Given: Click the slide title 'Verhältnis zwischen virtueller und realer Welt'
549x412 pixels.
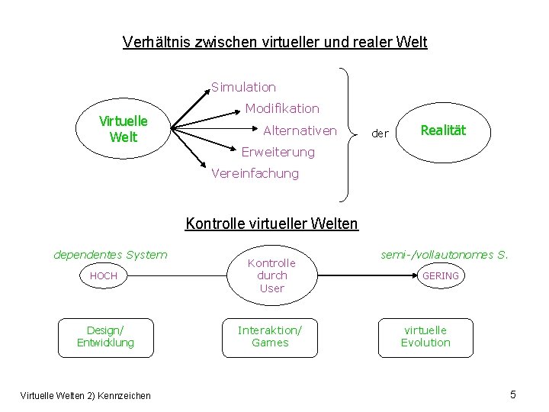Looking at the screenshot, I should pyautogui.click(x=274, y=42).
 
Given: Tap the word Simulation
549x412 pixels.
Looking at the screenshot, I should pyautogui.click(x=243, y=88).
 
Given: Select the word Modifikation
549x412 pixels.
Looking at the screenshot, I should pyautogui.click(x=282, y=109).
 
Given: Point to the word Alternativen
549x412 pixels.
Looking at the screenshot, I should pyautogui.click(x=300, y=130).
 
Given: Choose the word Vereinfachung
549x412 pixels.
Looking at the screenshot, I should pyautogui.click(x=255, y=173).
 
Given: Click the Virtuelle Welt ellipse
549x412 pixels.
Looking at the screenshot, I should pyautogui.click(x=124, y=130).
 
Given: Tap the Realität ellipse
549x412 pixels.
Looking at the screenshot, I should pyautogui.click(x=442, y=130).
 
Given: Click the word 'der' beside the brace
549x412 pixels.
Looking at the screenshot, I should pyautogui.click(x=380, y=134).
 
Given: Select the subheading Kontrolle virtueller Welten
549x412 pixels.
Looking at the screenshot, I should pyautogui.click(x=271, y=224).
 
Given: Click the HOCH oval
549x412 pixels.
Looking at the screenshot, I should pyautogui.click(x=104, y=275).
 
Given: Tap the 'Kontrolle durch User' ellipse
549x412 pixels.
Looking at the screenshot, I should pyautogui.click(x=271, y=275).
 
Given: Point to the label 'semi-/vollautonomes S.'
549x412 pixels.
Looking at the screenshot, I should pyautogui.click(x=445, y=254).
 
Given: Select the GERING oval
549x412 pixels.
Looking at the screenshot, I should pyautogui.click(x=441, y=275).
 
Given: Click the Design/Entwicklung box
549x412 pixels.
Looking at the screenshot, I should pyautogui.click(x=105, y=336).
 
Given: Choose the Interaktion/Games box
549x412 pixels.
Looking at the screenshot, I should pyautogui.click(x=270, y=336).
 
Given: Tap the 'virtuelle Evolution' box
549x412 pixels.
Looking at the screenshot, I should pyautogui.click(x=425, y=336).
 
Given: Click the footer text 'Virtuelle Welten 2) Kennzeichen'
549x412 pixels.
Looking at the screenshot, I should pyautogui.click(x=84, y=394).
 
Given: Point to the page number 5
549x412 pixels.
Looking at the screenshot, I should pyautogui.click(x=512, y=394).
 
